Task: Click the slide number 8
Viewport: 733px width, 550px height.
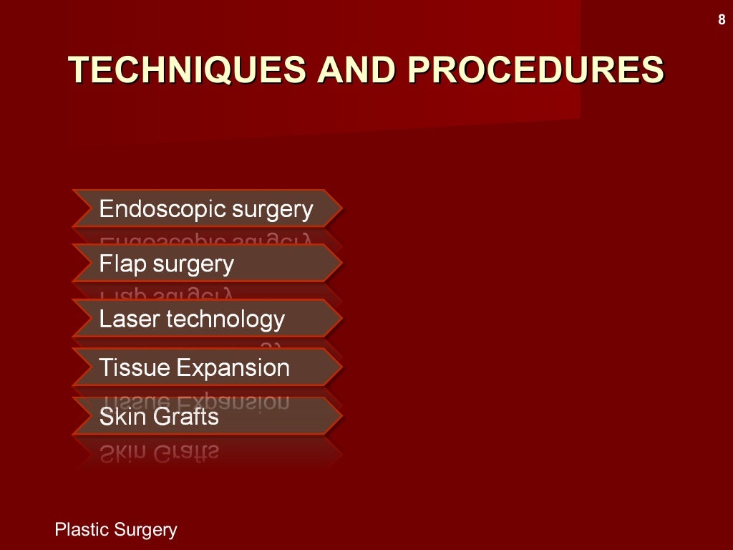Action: pos(722,20)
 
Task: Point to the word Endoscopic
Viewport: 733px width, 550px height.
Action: pos(152,210)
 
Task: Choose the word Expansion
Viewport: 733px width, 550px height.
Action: pos(233,369)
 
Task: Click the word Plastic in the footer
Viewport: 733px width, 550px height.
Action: pos(81,530)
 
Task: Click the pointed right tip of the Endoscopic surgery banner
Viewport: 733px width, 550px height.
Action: pos(341,208)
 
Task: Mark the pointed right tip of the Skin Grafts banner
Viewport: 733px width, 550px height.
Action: pos(341,416)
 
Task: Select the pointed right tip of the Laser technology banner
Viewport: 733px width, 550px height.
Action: pos(341,318)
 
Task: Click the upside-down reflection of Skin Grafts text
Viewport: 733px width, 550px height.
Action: pos(159,451)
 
